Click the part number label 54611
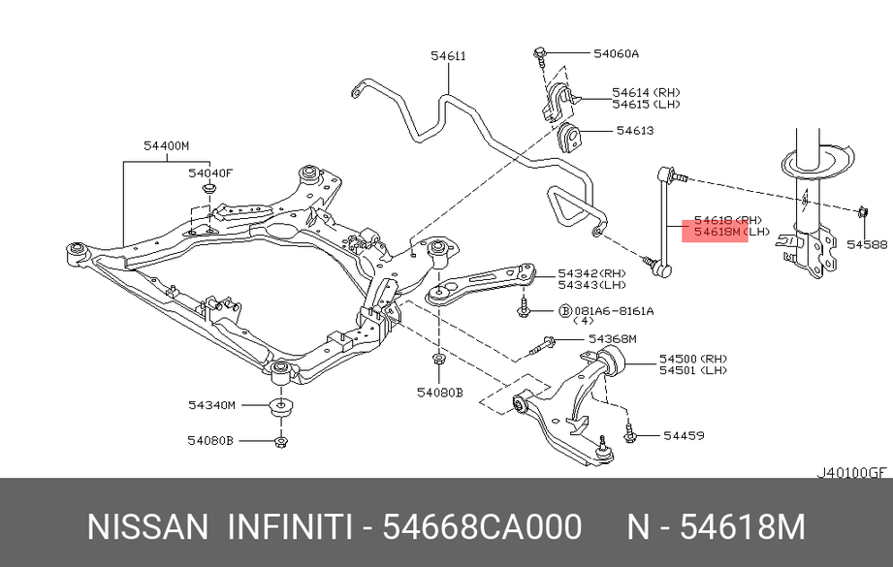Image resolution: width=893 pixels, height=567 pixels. tap(448, 56)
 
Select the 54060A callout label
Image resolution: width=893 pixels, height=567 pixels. tap(617, 53)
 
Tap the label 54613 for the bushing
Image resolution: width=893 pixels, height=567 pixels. tap(635, 131)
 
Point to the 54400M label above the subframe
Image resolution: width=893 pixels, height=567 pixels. tap(167, 145)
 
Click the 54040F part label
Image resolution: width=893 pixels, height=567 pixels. tap(210, 173)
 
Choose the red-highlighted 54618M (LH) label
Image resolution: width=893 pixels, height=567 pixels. tap(732, 232)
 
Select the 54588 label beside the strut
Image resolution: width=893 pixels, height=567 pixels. tap(867, 244)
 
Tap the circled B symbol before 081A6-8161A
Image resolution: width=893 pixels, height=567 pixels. tap(565, 311)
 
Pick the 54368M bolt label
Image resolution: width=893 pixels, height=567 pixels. tap(612, 339)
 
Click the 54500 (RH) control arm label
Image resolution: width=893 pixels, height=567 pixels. tap(693, 359)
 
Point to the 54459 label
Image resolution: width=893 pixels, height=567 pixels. tap(684, 435)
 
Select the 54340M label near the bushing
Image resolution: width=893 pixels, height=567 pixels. tap(211, 405)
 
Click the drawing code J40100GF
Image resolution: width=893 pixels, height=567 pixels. tap(852, 473)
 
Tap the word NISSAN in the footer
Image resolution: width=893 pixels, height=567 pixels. tap(148, 526)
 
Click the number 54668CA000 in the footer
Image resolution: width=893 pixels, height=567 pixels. tap(482, 526)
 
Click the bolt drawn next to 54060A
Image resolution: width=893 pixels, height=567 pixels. tap(540, 57)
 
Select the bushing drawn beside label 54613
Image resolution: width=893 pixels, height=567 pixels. tap(569, 138)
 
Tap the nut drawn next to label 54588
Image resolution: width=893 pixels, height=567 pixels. tap(862, 212)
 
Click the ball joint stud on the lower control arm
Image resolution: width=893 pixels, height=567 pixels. tap(603, 448)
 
